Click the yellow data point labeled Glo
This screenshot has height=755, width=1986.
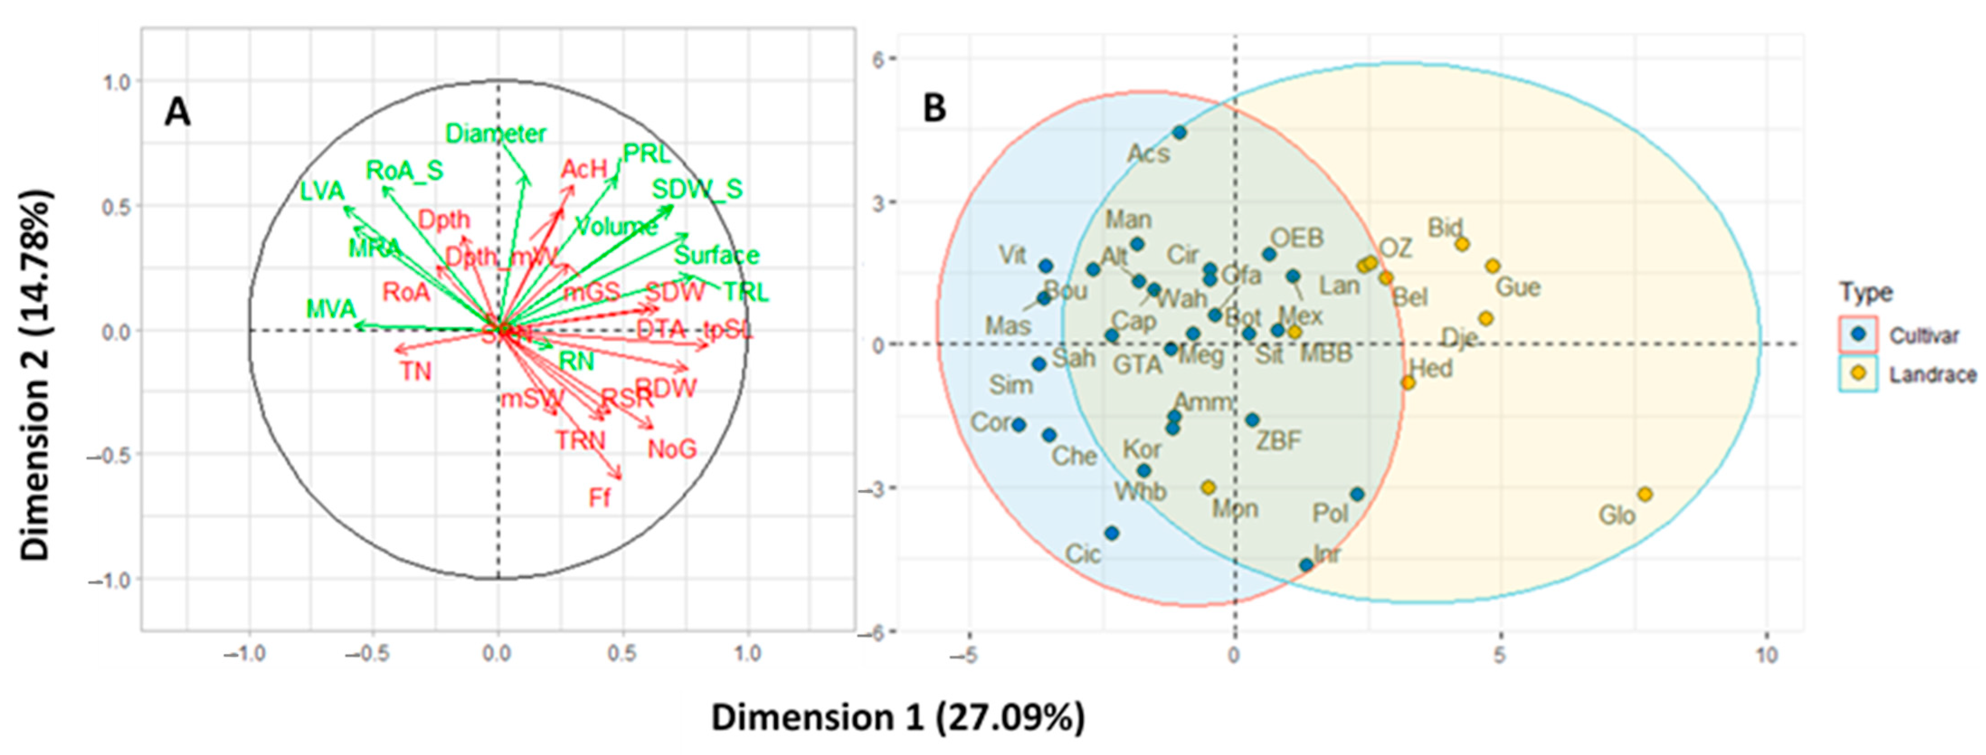click(x=1645, y=494)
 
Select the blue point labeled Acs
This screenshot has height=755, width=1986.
click(x=1179, y=132)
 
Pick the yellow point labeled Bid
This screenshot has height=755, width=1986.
click(x=1462, y=244)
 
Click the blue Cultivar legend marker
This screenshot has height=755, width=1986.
click(x=1859, y=334)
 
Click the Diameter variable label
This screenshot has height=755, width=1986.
click(x=496, y=133)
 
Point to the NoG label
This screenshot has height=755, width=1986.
click(x=672, y=448)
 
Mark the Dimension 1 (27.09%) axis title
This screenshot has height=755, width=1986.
click(x=897, y=717)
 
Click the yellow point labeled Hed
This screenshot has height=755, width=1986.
click(x=1408, y=382)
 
